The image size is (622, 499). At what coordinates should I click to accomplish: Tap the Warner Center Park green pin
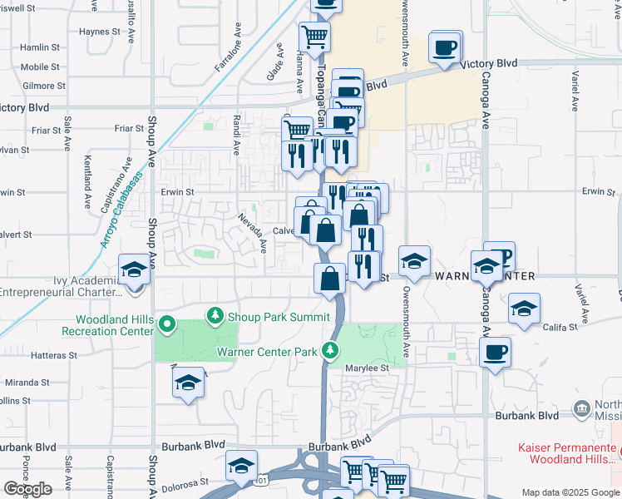[x=332, y=349]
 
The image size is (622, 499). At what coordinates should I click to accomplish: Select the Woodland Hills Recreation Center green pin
[x=166, y=324]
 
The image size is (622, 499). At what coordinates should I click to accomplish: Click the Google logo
[x=27, y=489]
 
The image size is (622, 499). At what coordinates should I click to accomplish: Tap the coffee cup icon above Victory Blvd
[x=445, y=47]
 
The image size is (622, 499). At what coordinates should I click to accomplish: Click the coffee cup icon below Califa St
[x=495, y=352]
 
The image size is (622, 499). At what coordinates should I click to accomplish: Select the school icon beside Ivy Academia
[x=133, y=269]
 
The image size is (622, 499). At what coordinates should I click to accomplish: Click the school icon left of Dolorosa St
[x=241, y=466]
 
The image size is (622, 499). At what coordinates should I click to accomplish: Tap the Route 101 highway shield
[x=263, y=482]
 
